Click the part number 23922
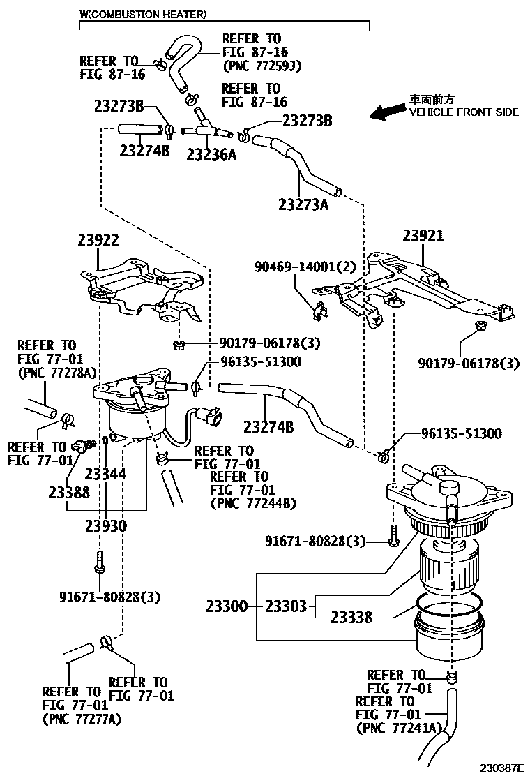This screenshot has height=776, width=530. (x=98, y=241)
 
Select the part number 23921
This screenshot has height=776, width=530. (x=423, y=237)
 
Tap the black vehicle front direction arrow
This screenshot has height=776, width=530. (x=387, y=112)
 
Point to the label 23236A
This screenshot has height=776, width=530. (x=211, y=154)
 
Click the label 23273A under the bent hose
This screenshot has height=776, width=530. (x=303, y=204)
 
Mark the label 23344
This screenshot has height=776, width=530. (x=105, y=475)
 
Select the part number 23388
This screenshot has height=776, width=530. (x=69, y=492)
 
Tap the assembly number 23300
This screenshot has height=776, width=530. (x=227, y=606)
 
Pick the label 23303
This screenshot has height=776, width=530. (x=286, y=606)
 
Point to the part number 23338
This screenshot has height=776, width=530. (x=351, y=618)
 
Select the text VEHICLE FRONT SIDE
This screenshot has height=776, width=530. (x=464, y=112)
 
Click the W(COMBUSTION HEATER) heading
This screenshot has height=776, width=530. (x=142, y=14)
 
